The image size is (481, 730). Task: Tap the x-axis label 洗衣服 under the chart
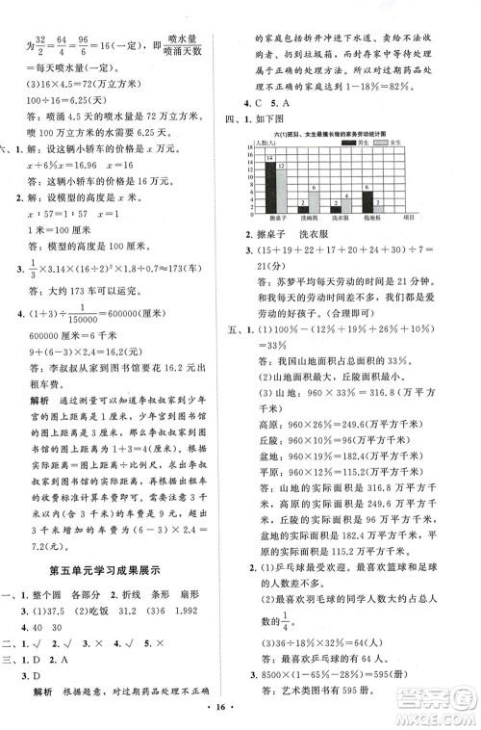pyautogui.click(x=341, y=218)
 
